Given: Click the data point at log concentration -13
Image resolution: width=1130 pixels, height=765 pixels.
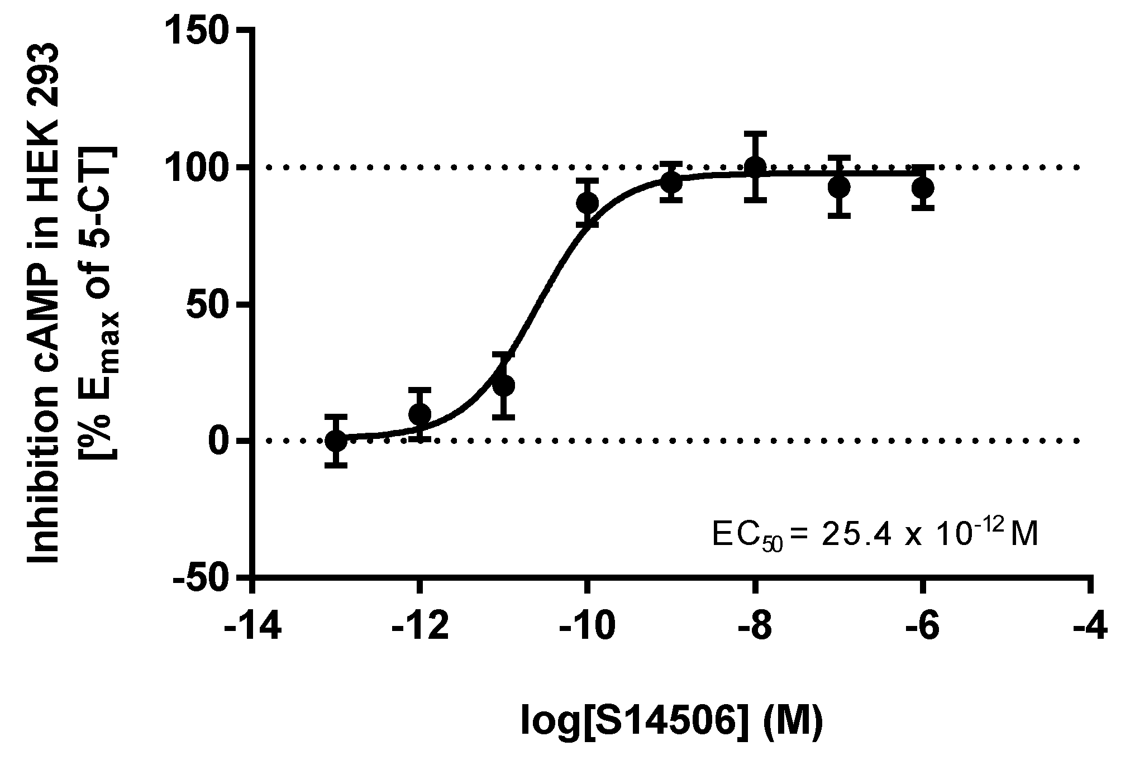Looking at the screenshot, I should click(336, 441).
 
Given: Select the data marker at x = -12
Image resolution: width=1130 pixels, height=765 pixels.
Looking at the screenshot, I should click(420, 414).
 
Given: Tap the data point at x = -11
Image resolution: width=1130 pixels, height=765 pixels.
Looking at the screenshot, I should click(504, 385).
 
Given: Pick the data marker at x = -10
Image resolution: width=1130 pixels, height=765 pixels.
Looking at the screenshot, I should click(588, 203).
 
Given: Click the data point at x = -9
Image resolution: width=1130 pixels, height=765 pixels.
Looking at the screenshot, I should click(671, 182).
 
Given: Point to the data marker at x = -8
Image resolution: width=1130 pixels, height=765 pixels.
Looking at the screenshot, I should click(755, 166).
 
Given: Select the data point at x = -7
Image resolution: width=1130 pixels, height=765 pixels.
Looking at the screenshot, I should click(839, 187).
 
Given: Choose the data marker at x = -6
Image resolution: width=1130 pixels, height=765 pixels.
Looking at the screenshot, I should click(923, 188).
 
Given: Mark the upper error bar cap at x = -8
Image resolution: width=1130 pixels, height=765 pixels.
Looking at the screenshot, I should click(755, 133).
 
